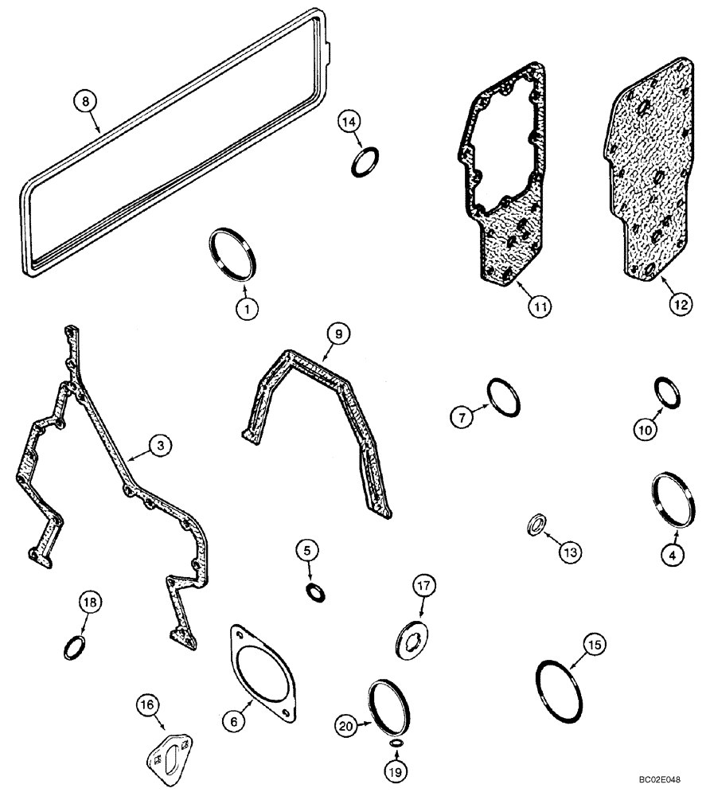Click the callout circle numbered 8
tap(86, 101)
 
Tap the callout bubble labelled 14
tap(348, 121)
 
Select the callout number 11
tap(544, 304)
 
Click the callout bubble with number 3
tap(160, 447)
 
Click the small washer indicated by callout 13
tap(539, 525)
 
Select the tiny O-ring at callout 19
tap(396, 743)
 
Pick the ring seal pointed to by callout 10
tap(667, 392)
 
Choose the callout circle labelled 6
tap(232, 721)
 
